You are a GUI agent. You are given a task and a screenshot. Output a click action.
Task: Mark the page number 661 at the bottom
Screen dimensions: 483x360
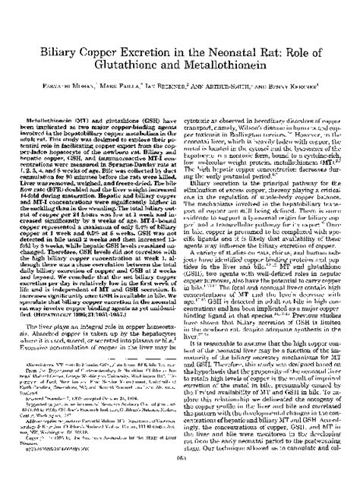pos(179,477)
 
